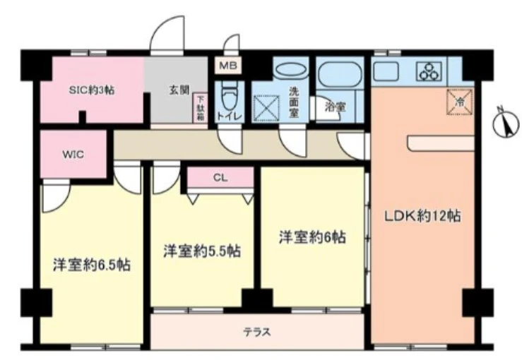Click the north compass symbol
point(505,125)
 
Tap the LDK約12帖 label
point(422,217)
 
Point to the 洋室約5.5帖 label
point(201,251)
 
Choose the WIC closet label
point(73,155)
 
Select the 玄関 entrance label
point(178,90)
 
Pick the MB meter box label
point(228,66)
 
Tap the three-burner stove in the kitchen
point(429,71)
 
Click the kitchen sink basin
point(386,71)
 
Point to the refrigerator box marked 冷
point(458,102)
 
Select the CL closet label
point(220,178)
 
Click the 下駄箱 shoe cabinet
point(201,108)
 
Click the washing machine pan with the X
point(268,111)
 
